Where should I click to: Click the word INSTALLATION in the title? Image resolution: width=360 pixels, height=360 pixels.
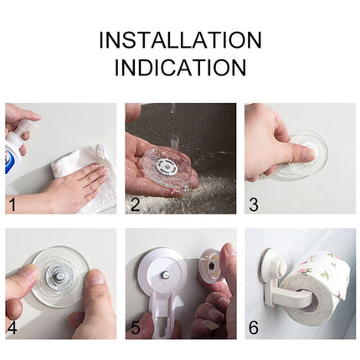[180, 39]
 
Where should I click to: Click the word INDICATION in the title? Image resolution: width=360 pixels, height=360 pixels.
[180, 68]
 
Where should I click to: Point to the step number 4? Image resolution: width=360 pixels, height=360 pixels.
[12, 327]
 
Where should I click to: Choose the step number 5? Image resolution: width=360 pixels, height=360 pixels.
[134, 327]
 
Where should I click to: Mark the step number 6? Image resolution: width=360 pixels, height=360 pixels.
[254, 327]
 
